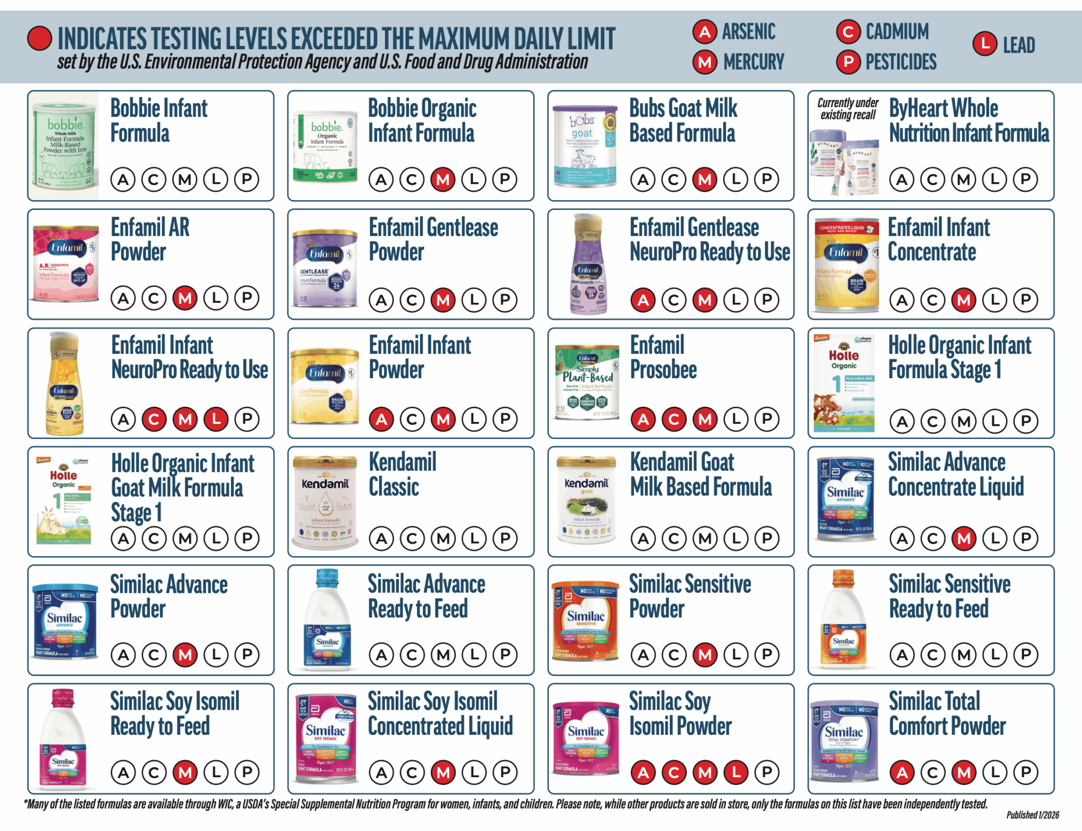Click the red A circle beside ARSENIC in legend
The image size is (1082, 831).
click(x=704, y=32)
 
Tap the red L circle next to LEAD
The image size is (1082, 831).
click(x=985, y=44)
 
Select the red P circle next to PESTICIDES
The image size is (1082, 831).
click(x=848, y=62)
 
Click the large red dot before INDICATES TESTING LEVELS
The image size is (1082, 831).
click(x=40, y=39)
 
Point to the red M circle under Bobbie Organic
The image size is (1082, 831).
click(x=443, y=180)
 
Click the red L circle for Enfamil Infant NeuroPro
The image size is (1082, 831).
click(x=216, y=419)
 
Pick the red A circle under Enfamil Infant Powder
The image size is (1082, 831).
click(x=381, y=419)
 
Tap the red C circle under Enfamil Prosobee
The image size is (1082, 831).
click(x=674, y=419)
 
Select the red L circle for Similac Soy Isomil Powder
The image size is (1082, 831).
click(x=736, y=773)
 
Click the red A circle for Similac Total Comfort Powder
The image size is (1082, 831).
click(x=902, y=773)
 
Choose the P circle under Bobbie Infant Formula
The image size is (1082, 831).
click(x=247, y=180)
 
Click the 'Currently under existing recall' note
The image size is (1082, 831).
click(x=847, y=109)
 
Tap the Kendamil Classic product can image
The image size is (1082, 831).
click(x=325, y=502)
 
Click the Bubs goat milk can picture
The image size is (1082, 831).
click(x=584, y=146)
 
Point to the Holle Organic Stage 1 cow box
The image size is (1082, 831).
click(x=844, y=384)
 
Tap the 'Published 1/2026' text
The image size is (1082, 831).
click(x=1032, y=815)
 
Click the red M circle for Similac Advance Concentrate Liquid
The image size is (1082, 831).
click(x=964, y=538)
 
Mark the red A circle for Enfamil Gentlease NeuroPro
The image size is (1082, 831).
click(x=643, y=300)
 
